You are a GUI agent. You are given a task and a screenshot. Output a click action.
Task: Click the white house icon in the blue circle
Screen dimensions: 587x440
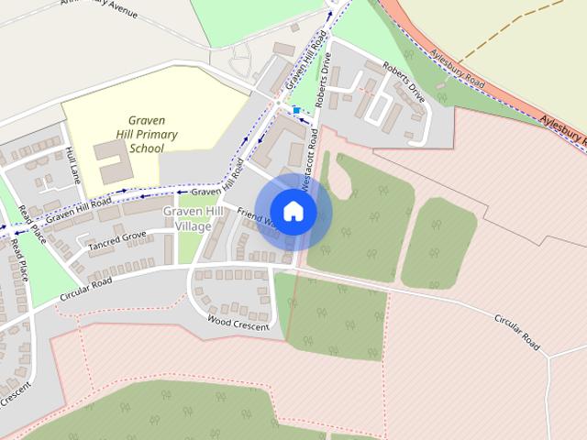coord(293,211)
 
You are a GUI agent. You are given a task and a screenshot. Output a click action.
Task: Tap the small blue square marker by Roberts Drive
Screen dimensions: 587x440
coord(295,110)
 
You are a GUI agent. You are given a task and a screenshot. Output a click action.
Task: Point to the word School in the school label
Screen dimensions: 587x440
coord(147,148)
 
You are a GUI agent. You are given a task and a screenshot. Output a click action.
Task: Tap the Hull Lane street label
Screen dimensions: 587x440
coord(74,169)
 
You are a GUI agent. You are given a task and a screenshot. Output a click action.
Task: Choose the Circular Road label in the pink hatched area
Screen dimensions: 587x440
coord(516,332)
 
